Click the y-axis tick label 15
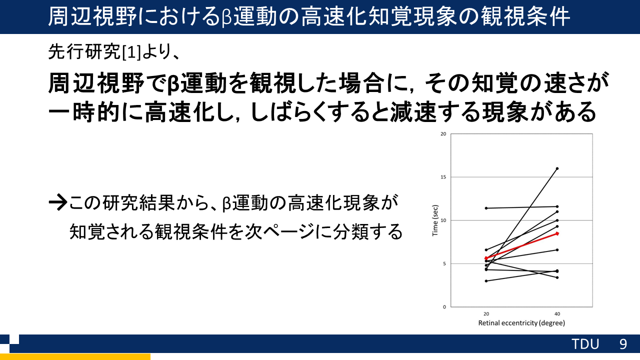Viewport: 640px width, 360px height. pos(443,177)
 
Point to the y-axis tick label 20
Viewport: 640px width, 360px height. pos(443,133)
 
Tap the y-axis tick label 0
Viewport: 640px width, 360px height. pos(444,307)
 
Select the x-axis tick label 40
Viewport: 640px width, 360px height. pos(557,314)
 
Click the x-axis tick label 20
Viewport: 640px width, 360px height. pos(486,314)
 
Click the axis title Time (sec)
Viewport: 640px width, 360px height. pos(435,220)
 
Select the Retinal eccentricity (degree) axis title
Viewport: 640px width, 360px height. pos(521,323)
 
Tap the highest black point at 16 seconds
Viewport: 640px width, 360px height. pos(557,168)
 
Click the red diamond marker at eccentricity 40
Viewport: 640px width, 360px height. pos(557,233)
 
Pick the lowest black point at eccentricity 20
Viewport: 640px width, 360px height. pos(486,281)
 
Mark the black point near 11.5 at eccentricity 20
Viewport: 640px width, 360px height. pos(486,208)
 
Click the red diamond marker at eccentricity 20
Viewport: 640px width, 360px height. pos(486,258)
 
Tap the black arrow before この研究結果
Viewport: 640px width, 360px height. pos(58,202)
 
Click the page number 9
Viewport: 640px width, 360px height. pos(623,344)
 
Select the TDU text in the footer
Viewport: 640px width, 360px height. pos(585,344)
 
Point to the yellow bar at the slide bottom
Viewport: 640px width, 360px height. pos(75,356)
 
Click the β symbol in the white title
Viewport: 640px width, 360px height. pos(226,17)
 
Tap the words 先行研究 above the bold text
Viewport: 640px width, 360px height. pos(85,52)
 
